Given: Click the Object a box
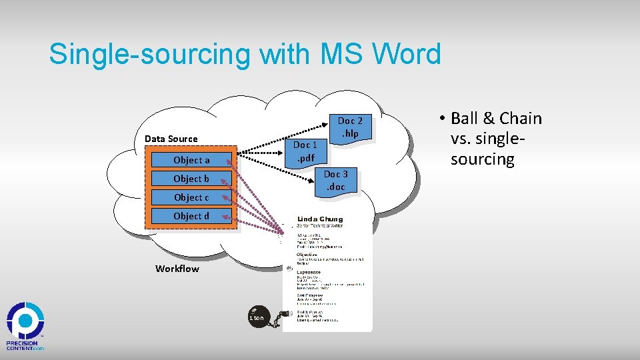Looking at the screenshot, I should pos(191,160).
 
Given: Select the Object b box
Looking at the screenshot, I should pos(191,179).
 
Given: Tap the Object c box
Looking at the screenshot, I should pos(191,197).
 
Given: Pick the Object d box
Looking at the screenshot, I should pos(191,216).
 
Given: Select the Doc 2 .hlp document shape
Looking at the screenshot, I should pos(350,127).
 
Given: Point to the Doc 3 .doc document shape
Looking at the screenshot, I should pos(335,181).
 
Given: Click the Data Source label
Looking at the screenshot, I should pos(171,139).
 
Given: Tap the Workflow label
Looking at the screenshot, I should pos(177,269).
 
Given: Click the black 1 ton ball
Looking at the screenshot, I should pos(257,318).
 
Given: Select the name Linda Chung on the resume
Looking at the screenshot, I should pos(320,219).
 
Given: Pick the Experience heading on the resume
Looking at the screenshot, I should pos(309,272).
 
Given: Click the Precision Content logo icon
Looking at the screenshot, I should pos(25,321).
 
